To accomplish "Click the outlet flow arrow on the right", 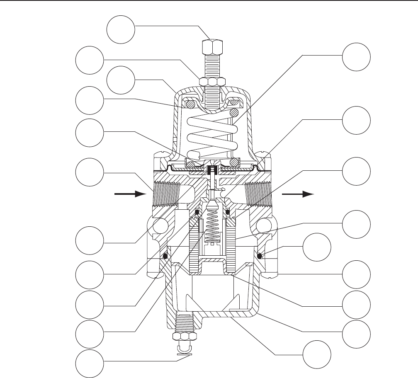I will click(x=297, y=193).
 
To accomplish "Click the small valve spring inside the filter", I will click(x=212, y=226).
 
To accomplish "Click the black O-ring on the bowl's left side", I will click(x=165, y=257).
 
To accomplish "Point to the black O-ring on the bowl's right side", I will click(x=260, y=256).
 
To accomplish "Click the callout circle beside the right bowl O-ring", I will click(x=317, y=249).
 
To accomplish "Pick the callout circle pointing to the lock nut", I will click(x=90, y=59).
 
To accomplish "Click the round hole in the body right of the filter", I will click(x=264, y=226).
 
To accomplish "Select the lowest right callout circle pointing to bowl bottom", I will click(x=317, y=356).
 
